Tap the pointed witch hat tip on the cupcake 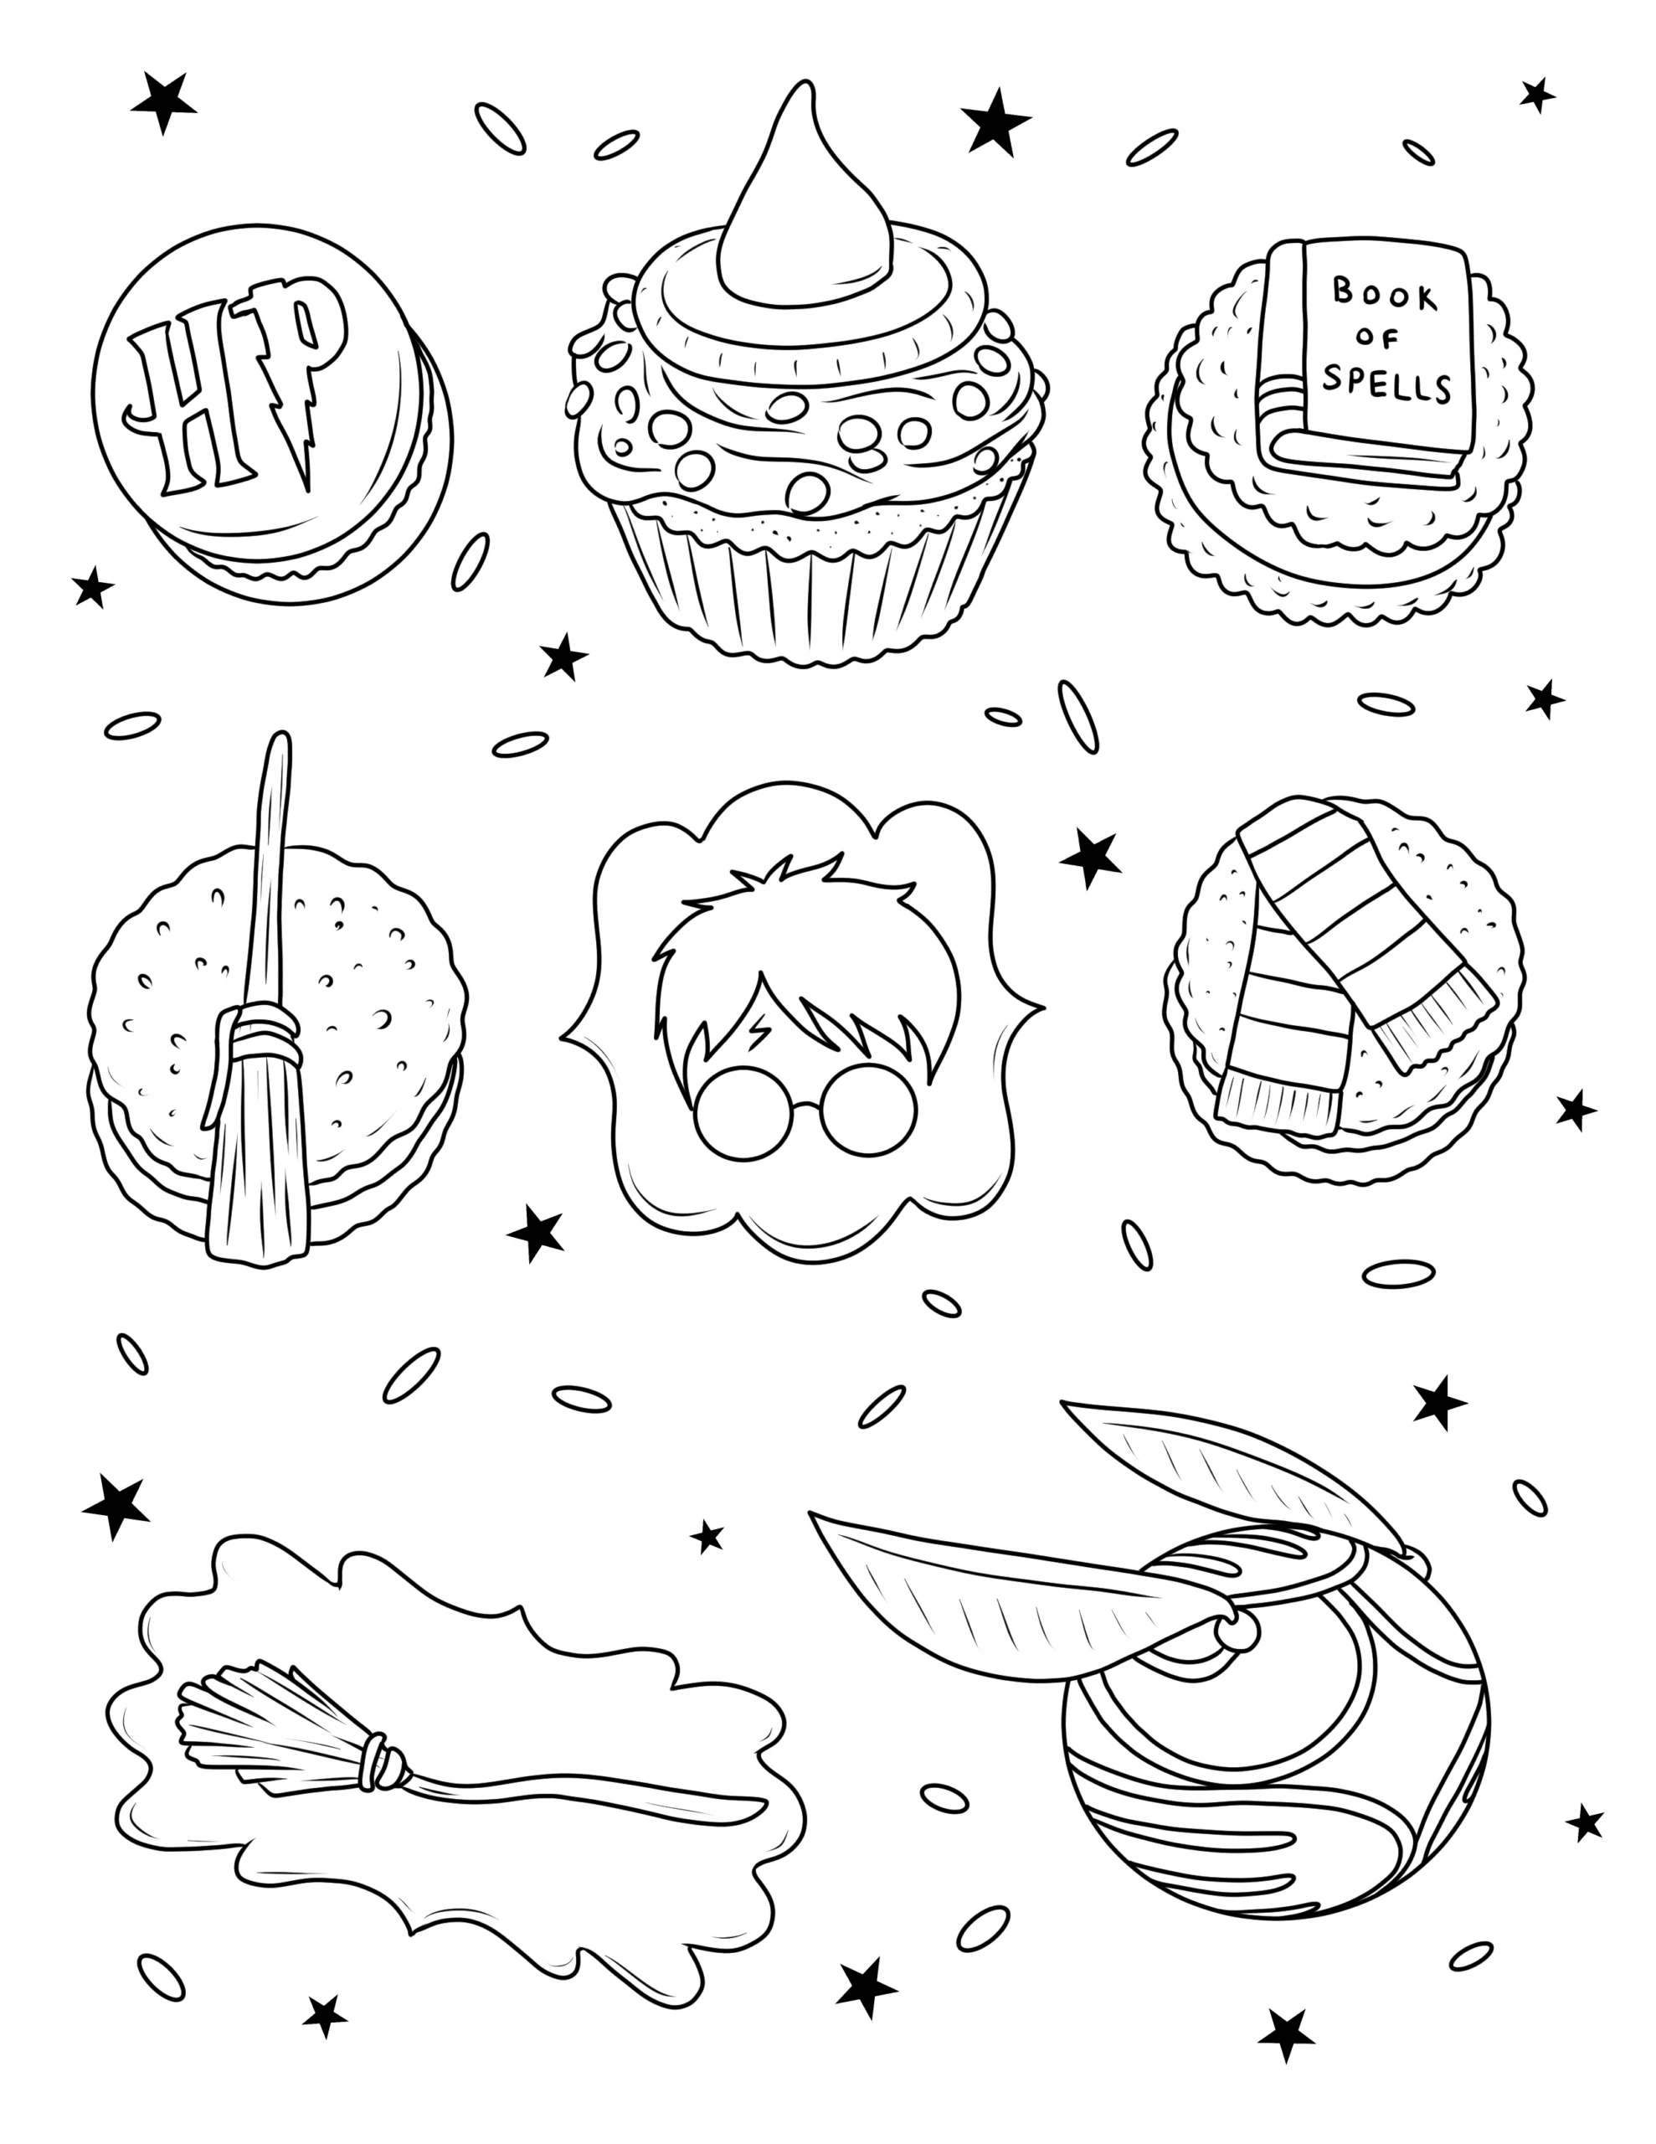point(802,93)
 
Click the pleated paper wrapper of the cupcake point(815,580)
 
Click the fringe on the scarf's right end point(1433,1026)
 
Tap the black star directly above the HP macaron point(163,101)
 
